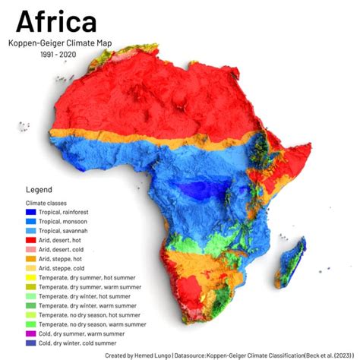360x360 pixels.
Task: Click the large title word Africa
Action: [x=57, y=21]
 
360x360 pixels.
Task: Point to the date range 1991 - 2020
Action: [x=59, y=55]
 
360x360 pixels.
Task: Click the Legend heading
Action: [x=39, y=189]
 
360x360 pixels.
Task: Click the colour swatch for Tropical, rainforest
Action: [x=30, y=213]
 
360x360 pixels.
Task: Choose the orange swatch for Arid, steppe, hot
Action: [x=30, y=259]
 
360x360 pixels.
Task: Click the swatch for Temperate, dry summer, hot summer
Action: [x=30, y=277]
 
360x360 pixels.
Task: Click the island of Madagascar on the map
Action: [x=292, y=258]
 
